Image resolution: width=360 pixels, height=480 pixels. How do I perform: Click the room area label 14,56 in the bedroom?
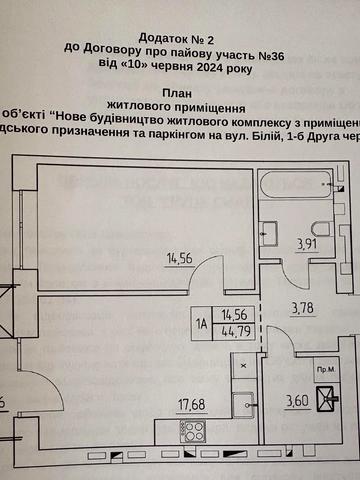click(181, 259)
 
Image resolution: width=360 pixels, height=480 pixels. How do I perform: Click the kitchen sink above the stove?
click(241, 404)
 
